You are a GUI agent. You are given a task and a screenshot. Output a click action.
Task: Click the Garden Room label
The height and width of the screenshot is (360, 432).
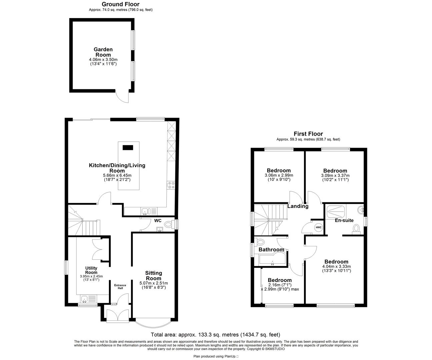coord(103,52)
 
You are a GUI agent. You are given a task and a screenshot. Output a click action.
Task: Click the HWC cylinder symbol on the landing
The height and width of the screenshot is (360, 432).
coord(318,227)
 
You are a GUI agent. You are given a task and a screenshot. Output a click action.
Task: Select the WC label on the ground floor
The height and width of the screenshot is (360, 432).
coord(158,221)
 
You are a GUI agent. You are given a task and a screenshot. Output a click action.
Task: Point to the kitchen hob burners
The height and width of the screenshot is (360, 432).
coord(171,185)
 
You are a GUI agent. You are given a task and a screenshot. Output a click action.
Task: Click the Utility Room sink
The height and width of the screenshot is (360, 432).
coord(85,299)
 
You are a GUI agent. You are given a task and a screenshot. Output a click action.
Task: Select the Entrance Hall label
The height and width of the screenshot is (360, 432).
coord(120,286)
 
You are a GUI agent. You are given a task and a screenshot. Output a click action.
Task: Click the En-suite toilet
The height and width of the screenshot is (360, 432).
coord(356,229)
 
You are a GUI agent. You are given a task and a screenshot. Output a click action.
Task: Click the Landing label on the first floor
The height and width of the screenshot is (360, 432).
coord(298,206)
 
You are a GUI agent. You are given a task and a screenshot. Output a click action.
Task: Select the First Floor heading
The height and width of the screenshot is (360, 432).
coord(308,134)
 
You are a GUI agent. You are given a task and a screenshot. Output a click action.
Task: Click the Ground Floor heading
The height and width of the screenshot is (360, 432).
coord(120,4)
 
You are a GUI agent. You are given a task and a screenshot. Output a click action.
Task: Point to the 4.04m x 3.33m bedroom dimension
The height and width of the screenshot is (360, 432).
coord(336,266)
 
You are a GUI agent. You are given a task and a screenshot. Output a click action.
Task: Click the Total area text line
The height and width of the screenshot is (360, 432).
coord(215,335)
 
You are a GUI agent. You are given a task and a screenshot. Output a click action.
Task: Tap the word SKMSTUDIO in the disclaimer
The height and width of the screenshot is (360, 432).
coord(275,349)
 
